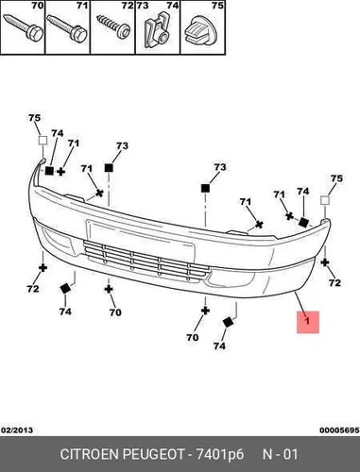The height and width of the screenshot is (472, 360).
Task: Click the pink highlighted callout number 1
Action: pyautogui.click(x=308, y=322)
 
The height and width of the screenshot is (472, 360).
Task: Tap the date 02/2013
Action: pyautogui.click(x=17, y=430)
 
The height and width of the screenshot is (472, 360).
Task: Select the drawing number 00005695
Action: pyautogui.click(x=339, y=430)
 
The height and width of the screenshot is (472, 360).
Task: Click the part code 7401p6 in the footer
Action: pyautogui.click(x=220, y=454)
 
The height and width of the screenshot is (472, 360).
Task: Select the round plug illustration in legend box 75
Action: pyautogui.click(x=201, y=31)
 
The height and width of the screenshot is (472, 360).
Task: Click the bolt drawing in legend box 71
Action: pyautogui.click(x=67, y=26)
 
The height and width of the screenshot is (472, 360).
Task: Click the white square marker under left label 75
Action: pyautogui.click(x=43, y=141)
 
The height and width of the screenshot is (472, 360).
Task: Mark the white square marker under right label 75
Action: pyautogui.click(x=325, y=200)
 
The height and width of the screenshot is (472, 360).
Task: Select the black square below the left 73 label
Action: pyautogui.click(x=109, y=168)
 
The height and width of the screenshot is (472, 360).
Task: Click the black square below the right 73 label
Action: pyautogui.click(x=205, y=188)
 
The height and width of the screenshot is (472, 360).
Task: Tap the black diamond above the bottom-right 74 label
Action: pyautogui.click(x=228, y=322)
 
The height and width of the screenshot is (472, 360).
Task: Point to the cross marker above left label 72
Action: pyautogui.click(x=43, y=268)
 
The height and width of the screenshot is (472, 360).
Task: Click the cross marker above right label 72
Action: pyautogui.click(x=325, y=262)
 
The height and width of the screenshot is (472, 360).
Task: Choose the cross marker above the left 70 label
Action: pyautogui.click(x=109, y=289)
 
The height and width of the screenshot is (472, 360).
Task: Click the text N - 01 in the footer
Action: pyautogui.click(x=280, y=454)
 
